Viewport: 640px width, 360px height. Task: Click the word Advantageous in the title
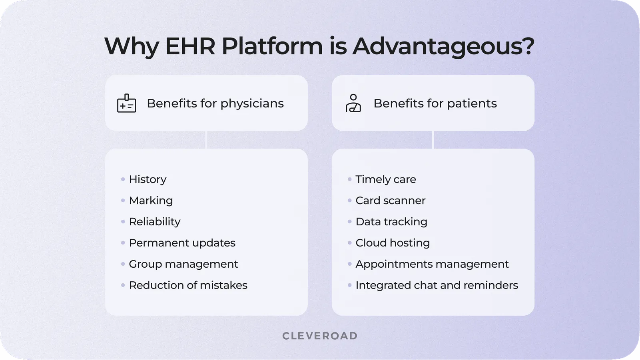(443, 46)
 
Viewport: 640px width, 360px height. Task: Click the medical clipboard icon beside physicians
(126, 103)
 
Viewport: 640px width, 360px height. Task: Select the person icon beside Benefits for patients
(353, 103)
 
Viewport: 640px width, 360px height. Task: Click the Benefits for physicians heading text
(215, 103)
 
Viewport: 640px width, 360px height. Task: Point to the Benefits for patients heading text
(435, 103)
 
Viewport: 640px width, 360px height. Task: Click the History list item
(148, 179)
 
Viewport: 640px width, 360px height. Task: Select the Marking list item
(151, 201)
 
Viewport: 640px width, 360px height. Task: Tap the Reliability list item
(154, 222)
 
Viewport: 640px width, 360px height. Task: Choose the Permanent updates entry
(182, 243)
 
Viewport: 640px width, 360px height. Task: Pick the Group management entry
(183, 264)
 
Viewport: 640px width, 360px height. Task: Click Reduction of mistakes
(188, 285)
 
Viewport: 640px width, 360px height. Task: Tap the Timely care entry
(385, 179)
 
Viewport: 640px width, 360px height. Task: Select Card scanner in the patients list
(390, 201)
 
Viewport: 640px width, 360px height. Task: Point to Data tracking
(391, 222)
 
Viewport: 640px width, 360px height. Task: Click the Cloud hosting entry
(393, 243)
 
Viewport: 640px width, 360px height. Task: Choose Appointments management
(432, 264)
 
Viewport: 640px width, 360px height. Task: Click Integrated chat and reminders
(437, 285)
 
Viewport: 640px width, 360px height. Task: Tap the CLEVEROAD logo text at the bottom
(320, 336)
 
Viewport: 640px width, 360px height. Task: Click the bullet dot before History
(123, 179)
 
